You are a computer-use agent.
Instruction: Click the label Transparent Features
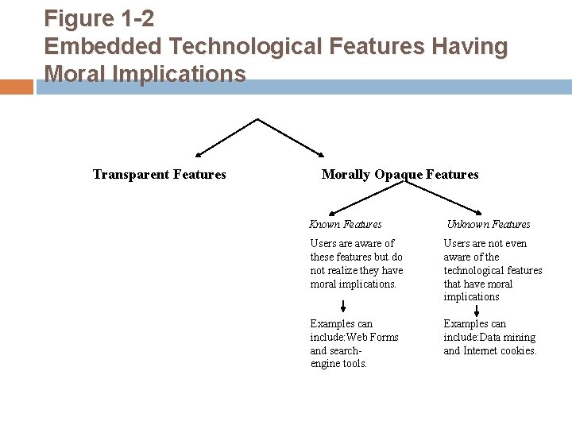pos(159,174)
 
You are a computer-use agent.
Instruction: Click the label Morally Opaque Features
pos(400,174)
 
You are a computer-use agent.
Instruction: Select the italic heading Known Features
pos(345,225)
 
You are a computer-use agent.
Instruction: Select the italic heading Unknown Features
pos(488,225)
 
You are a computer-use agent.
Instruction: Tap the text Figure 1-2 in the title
pos(99,18)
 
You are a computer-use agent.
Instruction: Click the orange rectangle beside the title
pos(17,86)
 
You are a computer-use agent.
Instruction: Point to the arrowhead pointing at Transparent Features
pos(199,153)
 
